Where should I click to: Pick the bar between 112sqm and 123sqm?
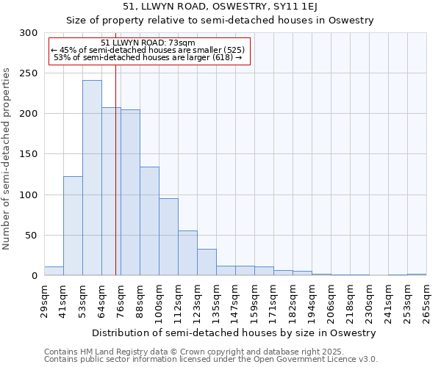[x=187, y=253]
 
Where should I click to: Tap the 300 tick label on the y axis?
[x=29, y=33]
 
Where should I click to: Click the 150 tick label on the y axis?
[x=29, y=155]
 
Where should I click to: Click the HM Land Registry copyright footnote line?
[x=188, y=352]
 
